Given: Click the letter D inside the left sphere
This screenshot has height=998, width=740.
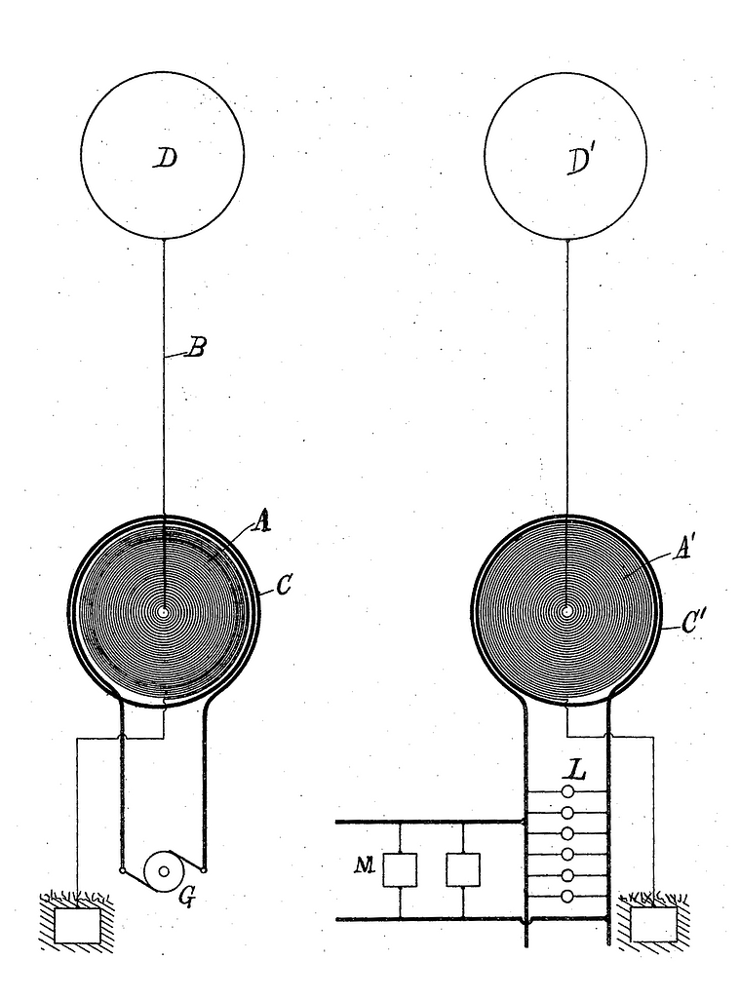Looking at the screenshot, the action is point(166,158).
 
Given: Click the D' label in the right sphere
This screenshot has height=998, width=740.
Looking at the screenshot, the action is point(580,162).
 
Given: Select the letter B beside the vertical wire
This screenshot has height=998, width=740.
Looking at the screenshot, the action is point(196,348).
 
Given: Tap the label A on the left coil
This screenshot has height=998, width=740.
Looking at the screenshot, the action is point(260,522).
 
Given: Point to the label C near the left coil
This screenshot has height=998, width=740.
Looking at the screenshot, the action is point(285,585).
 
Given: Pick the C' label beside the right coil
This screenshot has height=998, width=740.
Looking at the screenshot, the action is point(693,622).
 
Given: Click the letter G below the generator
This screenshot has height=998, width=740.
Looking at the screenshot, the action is point(186,897).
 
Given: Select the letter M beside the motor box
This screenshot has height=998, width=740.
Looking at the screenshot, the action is point(365,865).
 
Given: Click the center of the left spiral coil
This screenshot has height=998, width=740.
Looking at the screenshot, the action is point(165,612).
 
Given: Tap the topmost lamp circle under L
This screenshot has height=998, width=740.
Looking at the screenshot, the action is point(567,791).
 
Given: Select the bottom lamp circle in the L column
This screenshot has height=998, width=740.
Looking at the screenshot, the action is point(567,897).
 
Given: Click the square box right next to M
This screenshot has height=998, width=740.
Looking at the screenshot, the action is point(400,870).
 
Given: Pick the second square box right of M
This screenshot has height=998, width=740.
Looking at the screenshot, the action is point(463,870).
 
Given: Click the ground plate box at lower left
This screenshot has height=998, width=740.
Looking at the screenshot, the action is point(77,926).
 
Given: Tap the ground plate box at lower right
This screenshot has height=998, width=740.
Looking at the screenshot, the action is point(653,925).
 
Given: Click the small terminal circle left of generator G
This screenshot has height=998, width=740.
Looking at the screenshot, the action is point(122,869).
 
